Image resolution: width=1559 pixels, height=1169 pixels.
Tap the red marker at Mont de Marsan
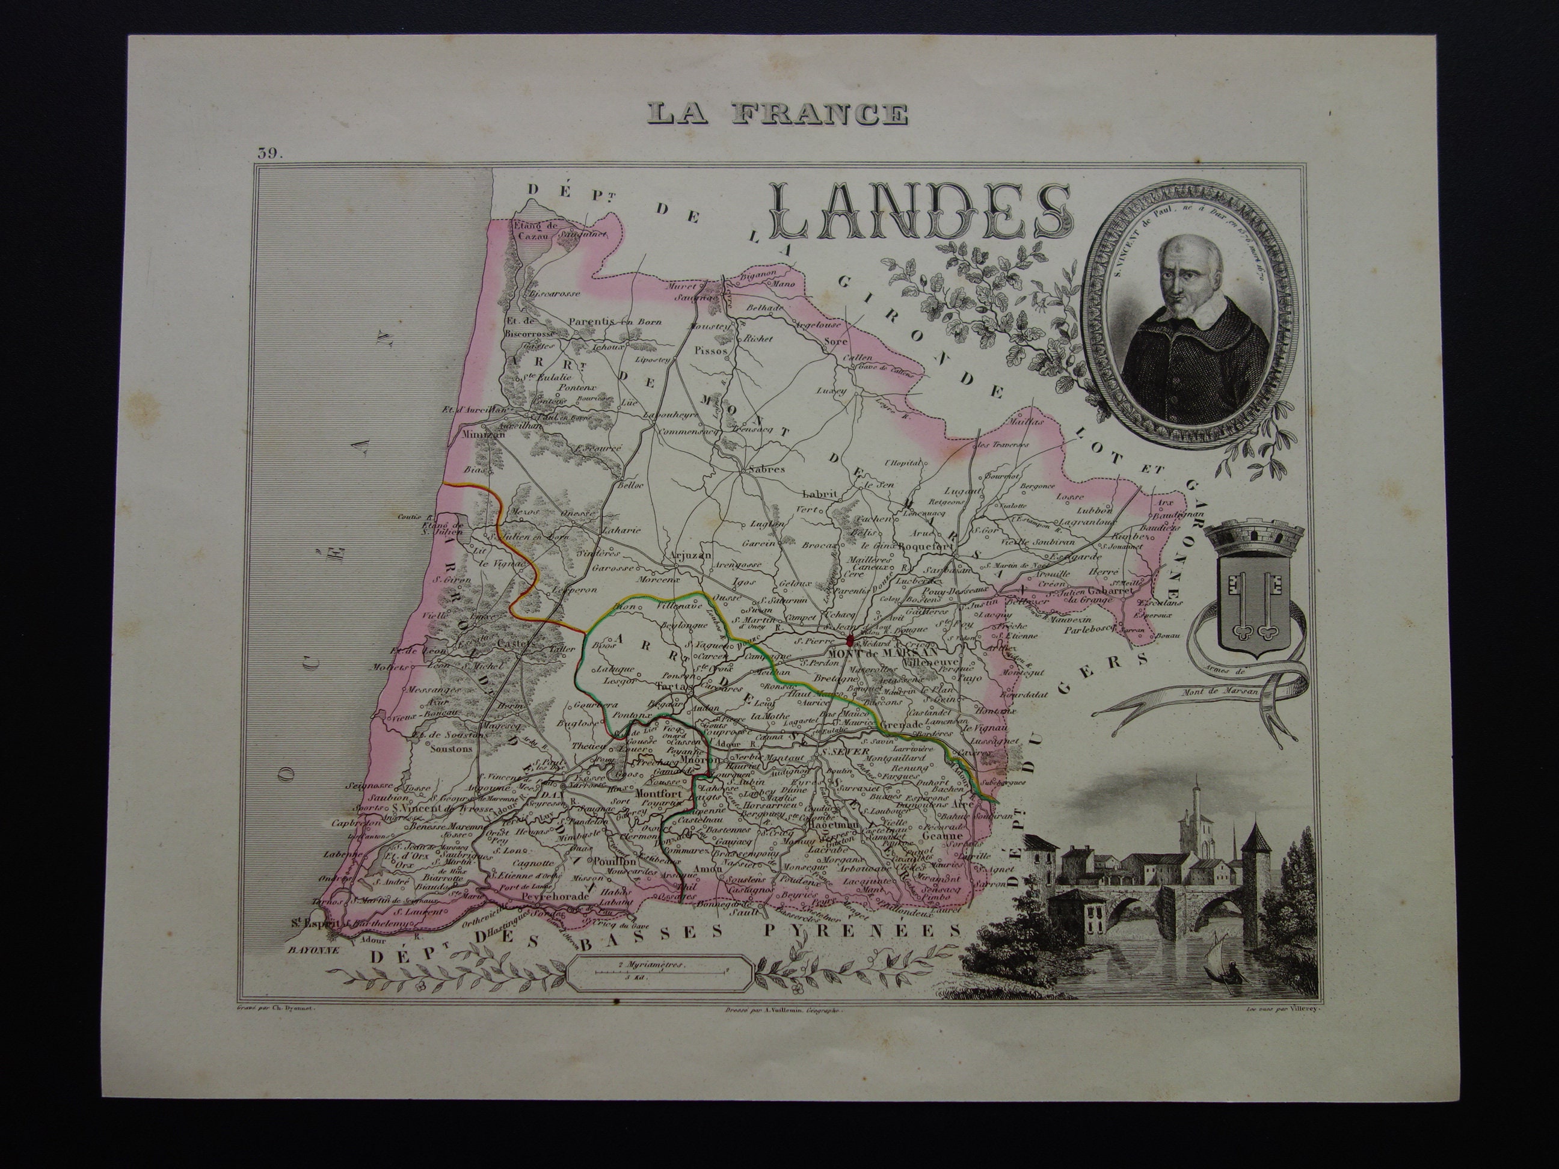click(850, 640)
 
